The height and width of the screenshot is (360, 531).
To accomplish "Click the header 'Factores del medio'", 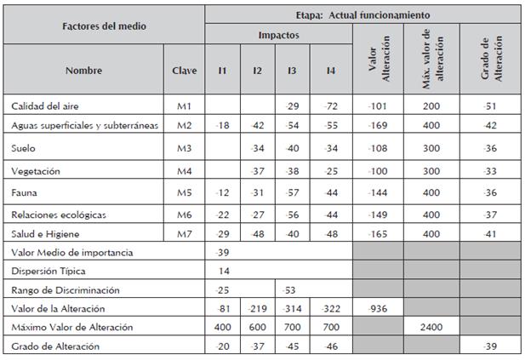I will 104,26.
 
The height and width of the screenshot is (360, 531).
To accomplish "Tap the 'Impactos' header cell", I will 278,35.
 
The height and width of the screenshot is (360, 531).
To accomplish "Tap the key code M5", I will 184,193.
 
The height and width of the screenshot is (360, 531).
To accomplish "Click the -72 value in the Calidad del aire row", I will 330,106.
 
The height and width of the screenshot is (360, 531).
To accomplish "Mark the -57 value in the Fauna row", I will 293,193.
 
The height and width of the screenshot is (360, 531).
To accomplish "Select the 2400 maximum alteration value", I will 433,326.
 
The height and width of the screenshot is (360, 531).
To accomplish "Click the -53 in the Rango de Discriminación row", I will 289,289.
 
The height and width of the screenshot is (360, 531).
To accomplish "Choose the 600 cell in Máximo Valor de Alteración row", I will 257,326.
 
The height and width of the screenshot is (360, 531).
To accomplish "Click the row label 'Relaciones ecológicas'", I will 59,214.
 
